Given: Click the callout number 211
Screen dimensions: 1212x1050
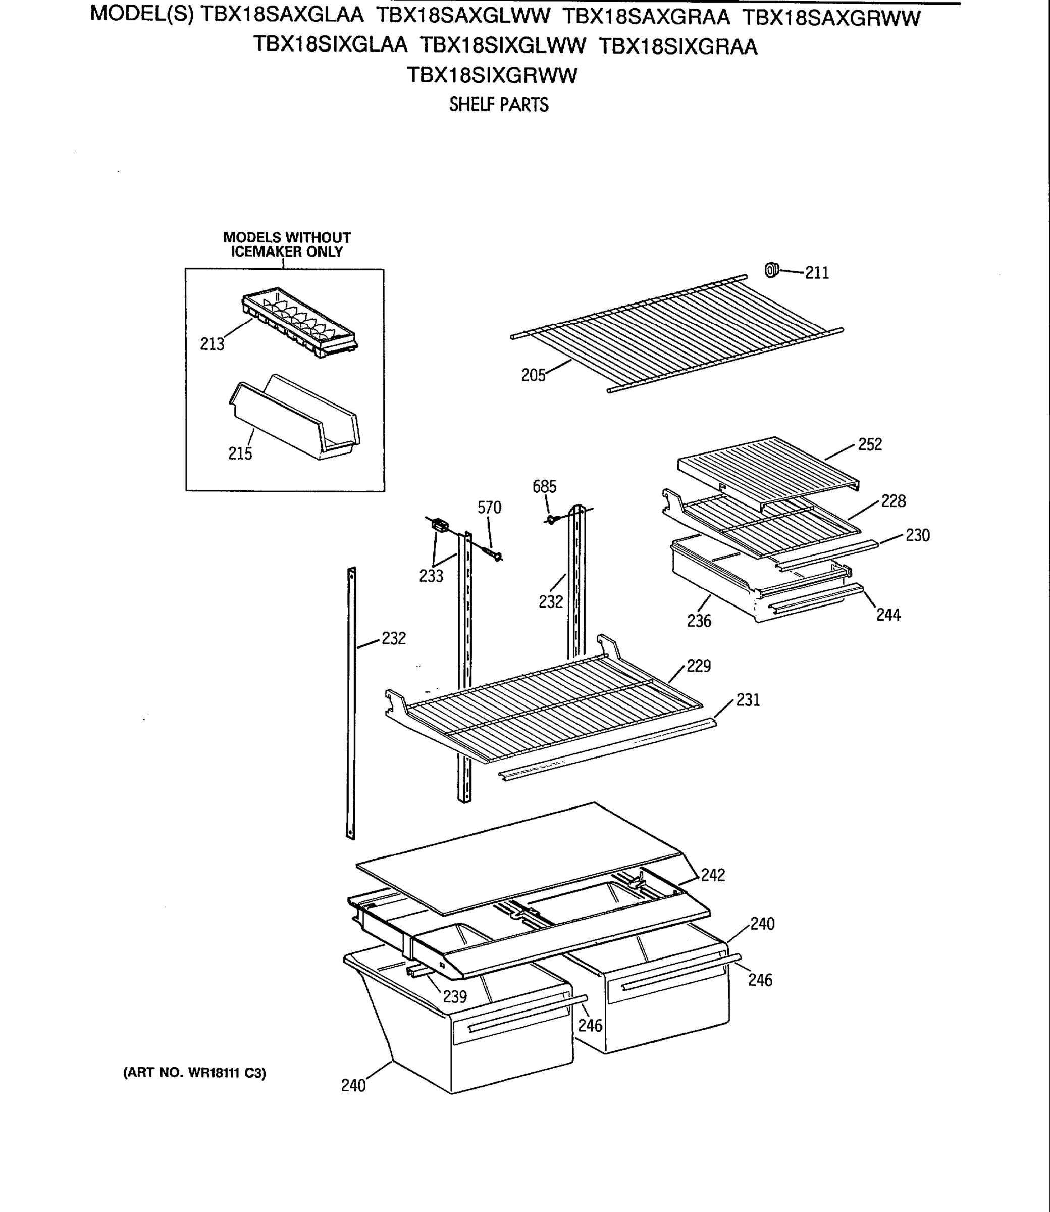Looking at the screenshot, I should click(817, 273).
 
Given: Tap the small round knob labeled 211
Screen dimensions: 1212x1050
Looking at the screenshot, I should click(771, 270).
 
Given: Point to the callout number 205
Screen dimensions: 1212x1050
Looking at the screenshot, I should click(533, 376).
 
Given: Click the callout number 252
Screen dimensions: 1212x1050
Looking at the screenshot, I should click(870, 445).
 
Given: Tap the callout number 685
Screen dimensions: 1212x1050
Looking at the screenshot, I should click(544, 486).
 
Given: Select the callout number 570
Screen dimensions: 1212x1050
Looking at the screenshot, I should click(489, 508).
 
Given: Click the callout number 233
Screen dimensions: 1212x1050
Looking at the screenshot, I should click(431, 576).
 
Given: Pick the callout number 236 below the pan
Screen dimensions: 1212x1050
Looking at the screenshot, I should click(699, 621).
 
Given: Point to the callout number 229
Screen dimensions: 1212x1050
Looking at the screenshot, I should click(699, 666).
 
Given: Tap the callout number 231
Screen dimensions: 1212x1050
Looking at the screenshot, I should click(748, 700).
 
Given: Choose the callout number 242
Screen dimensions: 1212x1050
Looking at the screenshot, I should click(713, 875).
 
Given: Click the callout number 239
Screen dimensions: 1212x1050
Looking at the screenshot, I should click(455, 997).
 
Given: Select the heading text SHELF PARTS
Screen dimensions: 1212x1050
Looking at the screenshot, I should click(499, 105).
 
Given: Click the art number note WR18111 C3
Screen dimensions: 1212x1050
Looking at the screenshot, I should click(194, 1073).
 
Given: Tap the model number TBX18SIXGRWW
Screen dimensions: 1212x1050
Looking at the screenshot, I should click(492, 76).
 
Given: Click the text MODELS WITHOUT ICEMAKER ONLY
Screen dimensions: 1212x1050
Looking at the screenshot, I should click(287, 244).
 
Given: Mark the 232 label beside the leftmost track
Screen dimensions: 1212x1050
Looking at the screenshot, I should click(394, 638).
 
